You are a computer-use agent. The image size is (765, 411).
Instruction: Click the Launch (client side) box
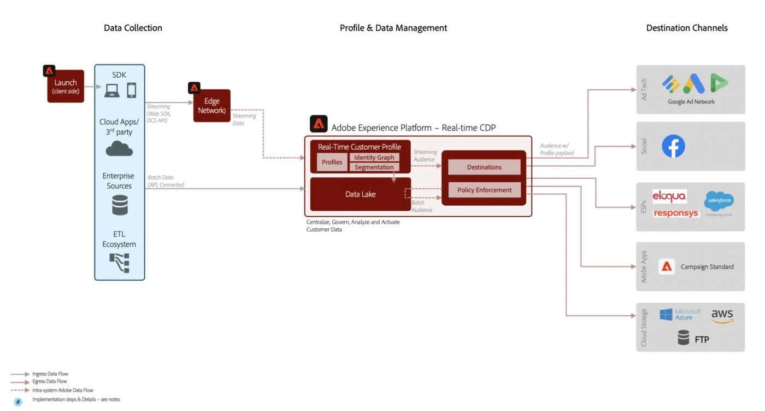tap(66, 86)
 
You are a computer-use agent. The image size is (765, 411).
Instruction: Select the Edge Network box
tap(212, 106)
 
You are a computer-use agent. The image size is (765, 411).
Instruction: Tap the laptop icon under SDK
tap(112, 90)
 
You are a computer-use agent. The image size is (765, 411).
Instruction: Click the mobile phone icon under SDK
tap(132, 90)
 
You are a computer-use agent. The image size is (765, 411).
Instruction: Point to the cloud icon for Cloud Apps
tap(119, 148)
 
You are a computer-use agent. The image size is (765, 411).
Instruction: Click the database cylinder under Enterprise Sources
tap(120, 205)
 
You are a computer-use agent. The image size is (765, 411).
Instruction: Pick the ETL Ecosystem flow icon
tap(120, 263)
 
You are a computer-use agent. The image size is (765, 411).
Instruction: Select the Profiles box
tap(332, 162)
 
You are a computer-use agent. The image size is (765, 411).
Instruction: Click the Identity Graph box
tap(374, 158)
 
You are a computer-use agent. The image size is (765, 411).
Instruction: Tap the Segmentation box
tap(374, 167)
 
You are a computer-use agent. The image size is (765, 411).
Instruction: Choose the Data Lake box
tap(360, 194)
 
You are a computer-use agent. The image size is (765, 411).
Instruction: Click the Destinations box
tap(484, 167)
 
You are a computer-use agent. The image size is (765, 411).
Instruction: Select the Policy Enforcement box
tap(484, 190)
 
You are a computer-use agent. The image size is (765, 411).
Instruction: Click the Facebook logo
tap(673, 146)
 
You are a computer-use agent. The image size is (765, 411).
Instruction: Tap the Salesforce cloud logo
tap(719, 201)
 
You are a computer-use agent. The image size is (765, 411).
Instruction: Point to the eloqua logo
tap(669, 196)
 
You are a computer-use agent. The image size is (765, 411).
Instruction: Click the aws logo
tap(722, 315)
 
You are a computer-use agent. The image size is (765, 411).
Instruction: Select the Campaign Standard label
tap(707, 267)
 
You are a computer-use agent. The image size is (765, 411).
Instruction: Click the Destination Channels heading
tap(687, 28)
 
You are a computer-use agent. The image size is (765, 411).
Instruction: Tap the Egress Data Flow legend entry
tap(50, 381)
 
